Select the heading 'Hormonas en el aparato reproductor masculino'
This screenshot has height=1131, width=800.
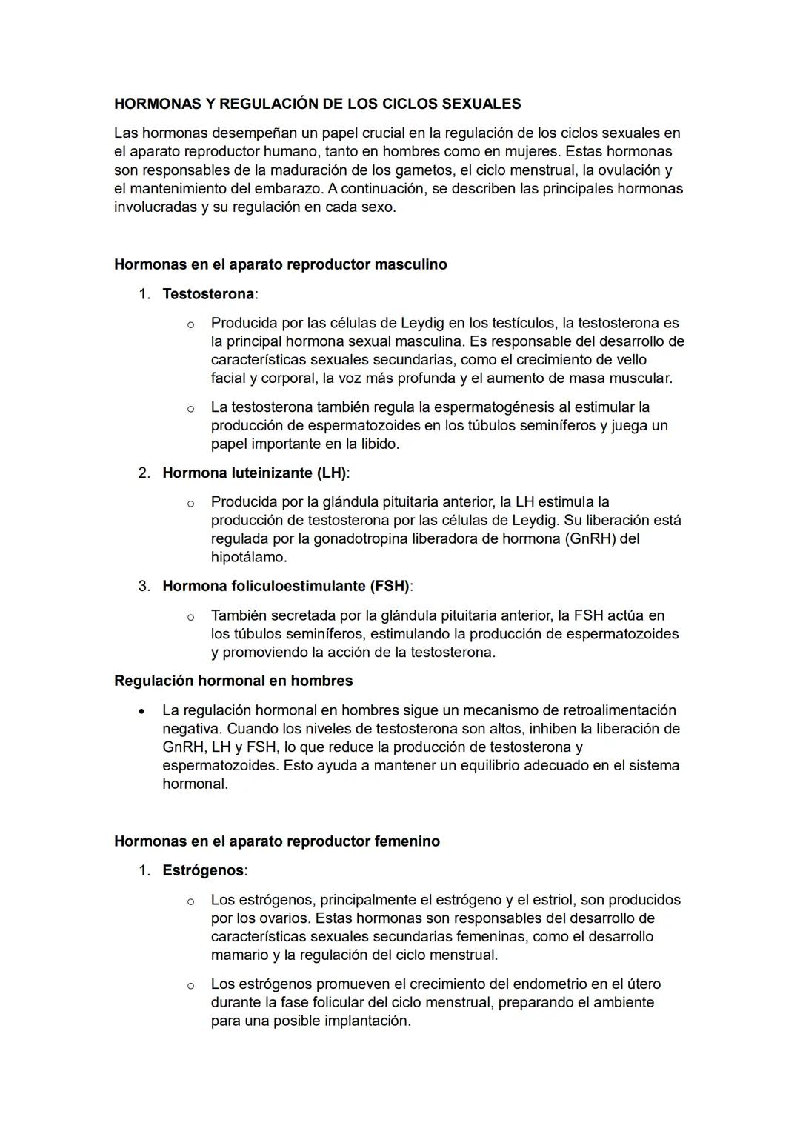click(x=280, y=264)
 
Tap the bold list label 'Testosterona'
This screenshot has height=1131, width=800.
click(x=208, y=294)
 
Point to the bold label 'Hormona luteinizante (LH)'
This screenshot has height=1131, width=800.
click(x=254, y=473)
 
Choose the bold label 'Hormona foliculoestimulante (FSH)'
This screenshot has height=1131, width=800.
click(x=286, y=586)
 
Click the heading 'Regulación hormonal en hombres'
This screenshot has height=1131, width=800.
click(x=233, y=681)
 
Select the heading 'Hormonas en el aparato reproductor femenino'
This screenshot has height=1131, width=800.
click(x=276, y=841)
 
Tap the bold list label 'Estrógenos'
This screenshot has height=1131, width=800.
click(x=203, y=870)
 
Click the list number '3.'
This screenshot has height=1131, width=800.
click(x=144, y=586)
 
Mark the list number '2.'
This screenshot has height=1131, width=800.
click(x=144, y=473)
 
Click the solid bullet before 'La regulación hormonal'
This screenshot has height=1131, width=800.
click(x=140, y=710)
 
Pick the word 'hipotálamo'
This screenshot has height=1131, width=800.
click(x=248, y=557)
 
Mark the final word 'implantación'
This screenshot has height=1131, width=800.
click(x=364, y=1021)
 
